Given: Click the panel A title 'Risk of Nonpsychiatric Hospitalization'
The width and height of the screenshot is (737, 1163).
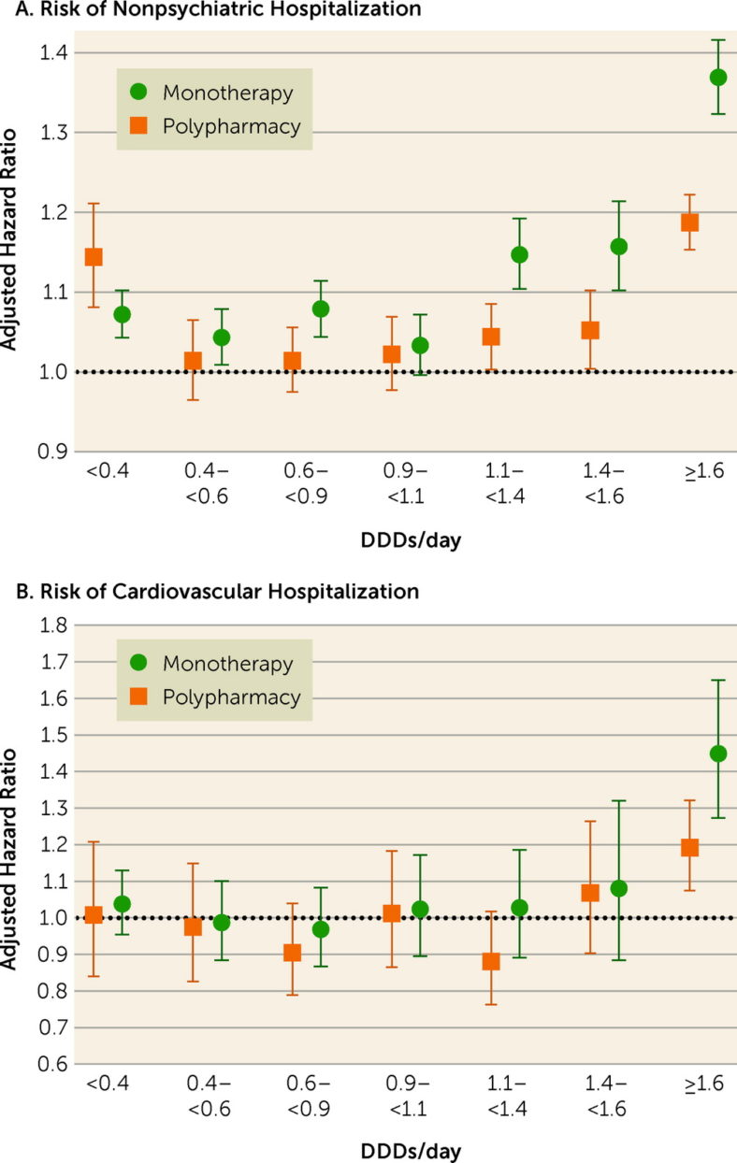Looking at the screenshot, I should click(x=210, y=10).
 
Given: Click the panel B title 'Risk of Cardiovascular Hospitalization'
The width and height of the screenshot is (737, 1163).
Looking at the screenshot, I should click(x=210, y=592).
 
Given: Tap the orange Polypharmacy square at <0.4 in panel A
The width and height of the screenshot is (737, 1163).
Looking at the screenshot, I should click(x=94, y=257).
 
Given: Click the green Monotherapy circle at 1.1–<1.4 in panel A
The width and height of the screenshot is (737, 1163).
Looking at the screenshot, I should click(x=519, y=254).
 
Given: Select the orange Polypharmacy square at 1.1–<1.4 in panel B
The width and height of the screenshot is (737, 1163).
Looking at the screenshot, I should click(x=491, y=961).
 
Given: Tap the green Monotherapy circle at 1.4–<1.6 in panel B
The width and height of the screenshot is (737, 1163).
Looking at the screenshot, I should click(x=618, y=888).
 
